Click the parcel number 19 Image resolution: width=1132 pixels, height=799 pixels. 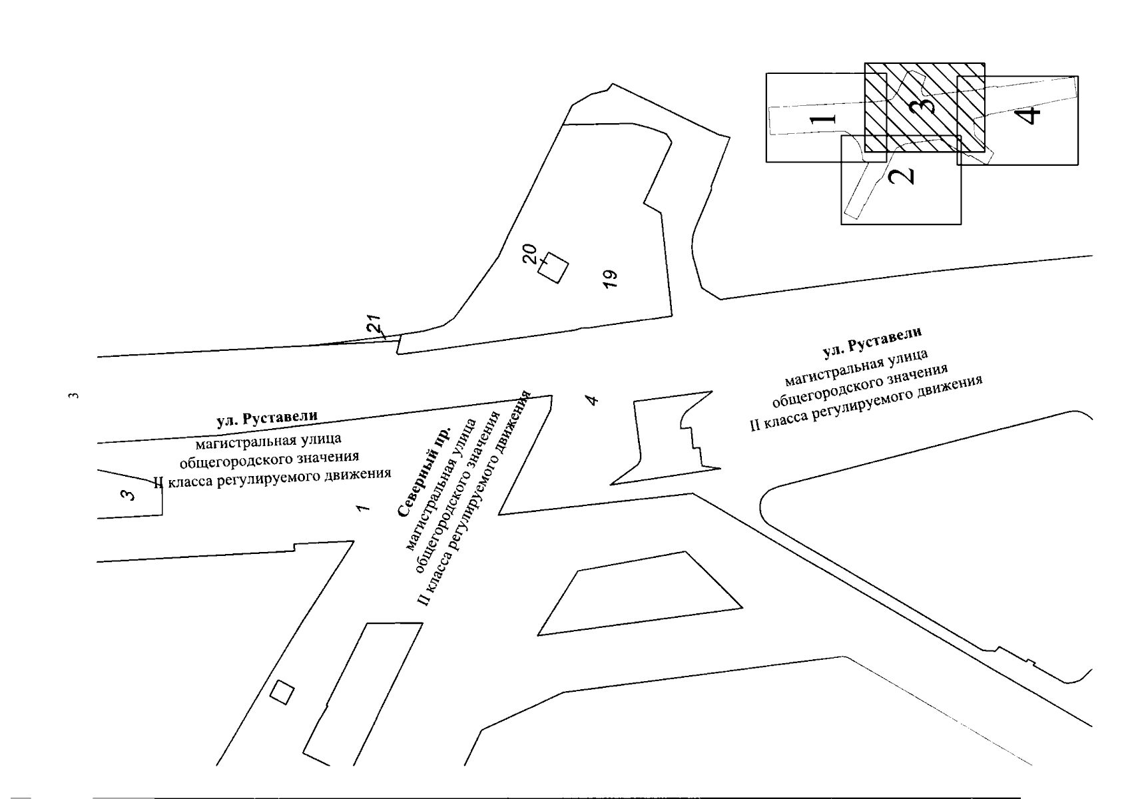tap(611, 279)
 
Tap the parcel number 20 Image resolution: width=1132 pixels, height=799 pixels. tap(529, 254)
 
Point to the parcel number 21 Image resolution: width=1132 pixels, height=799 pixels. tap(374, 324)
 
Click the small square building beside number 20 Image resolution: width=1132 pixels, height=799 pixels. tap(553, 268)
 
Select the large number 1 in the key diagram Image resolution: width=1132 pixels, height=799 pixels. tap(823, 119)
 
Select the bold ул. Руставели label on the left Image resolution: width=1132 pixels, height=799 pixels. tap(267, 418)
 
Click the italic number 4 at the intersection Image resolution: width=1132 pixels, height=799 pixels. tap(592, 400)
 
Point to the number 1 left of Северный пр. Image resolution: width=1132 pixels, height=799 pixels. tap(362, 508)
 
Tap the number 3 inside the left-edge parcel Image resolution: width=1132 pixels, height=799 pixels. tap(129, 494)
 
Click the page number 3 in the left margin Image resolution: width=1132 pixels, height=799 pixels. tap(74, 396)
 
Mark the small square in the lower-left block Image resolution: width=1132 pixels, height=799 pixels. tap(282, 692)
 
